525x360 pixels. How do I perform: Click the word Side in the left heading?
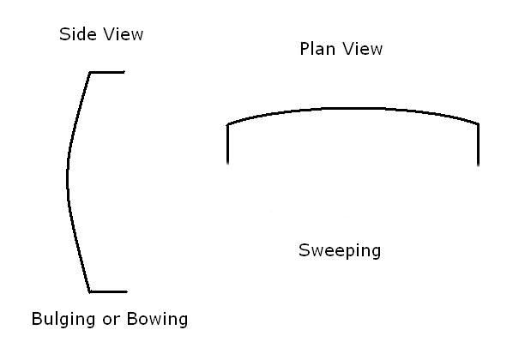(x=75, y=35)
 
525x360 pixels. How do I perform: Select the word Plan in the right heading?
(x=317, y=49)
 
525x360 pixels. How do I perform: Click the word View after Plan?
(x=362, y=49)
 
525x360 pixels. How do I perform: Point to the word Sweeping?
(x=340, y=251)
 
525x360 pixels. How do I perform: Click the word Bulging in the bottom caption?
(x=63, y=321)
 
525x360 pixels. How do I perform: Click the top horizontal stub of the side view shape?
(x=107, y=73)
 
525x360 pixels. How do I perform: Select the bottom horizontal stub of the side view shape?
(x=108, y=291)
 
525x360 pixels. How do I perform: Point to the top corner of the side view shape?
(x=90, y=73)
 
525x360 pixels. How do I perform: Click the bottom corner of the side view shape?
(x=90, y=291)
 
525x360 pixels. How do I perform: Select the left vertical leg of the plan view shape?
(x=227, y=144)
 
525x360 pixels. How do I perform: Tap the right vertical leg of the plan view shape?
(x=478, y=144)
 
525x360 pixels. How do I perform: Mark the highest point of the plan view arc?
(x=352, y=108)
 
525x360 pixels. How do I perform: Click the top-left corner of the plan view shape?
(x=227, y=125)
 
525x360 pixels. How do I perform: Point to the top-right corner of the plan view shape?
(x=478, y=124)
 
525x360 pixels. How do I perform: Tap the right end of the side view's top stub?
(x=125, y=73)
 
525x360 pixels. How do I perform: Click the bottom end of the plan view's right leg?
(x=478, y=164)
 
